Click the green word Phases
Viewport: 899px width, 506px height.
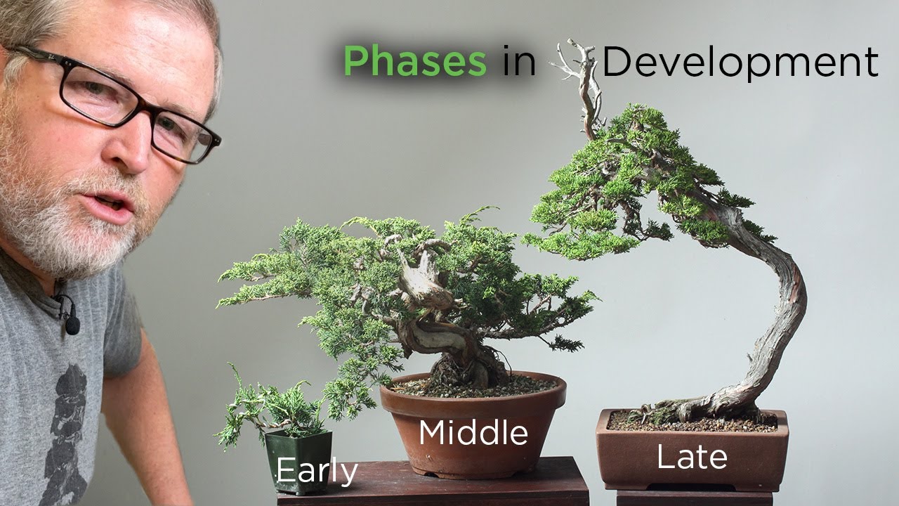pos(414,62)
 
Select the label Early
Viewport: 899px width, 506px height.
pos(317,471)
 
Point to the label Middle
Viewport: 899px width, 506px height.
pos(473,433)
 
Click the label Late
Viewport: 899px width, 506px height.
pos(692,458)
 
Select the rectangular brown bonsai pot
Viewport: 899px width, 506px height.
pos(692,450)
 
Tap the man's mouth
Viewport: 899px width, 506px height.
pos(112,204)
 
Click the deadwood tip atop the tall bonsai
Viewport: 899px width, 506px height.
pos(583,70)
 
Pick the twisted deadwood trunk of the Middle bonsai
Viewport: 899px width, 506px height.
pos(421,295)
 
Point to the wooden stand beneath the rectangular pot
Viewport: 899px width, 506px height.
pos(692,498)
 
